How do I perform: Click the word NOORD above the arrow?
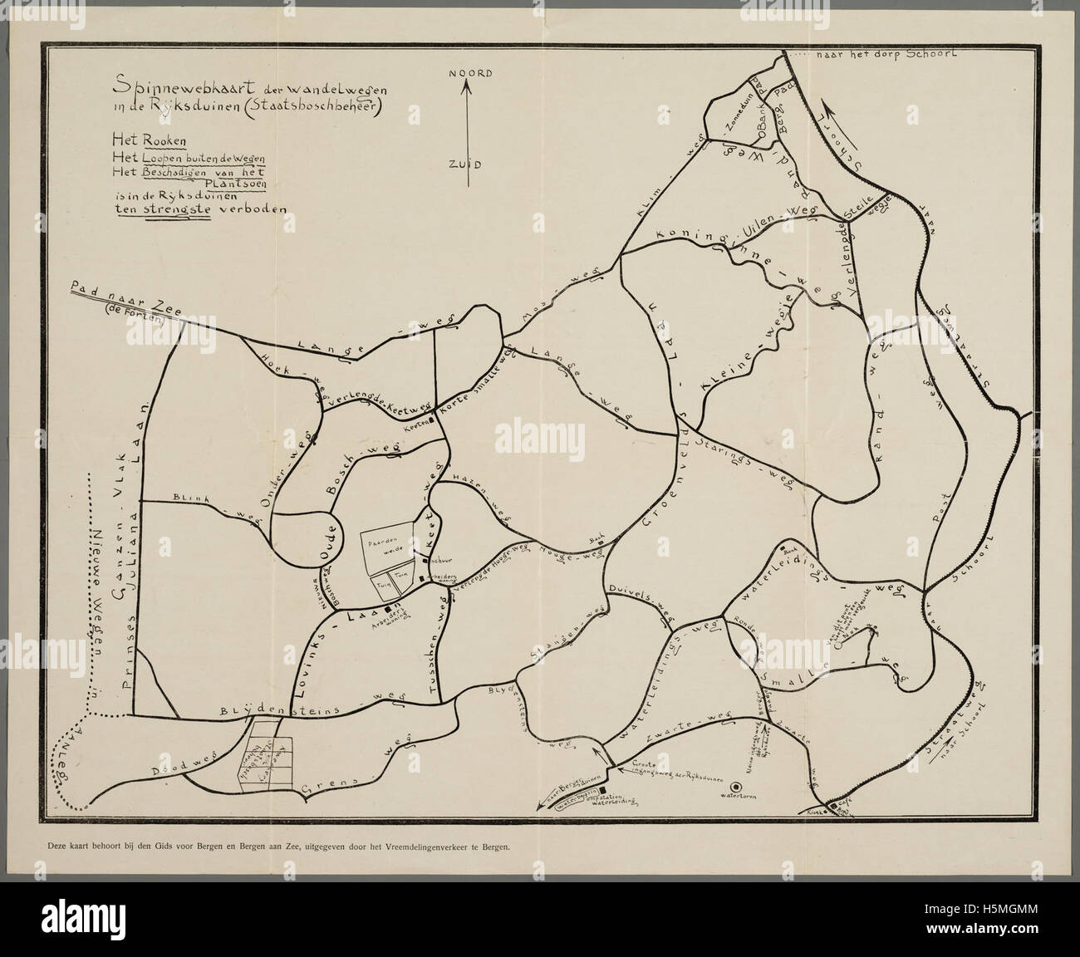click(x=471, y=73)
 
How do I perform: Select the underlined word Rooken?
click(x=169, y=138)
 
